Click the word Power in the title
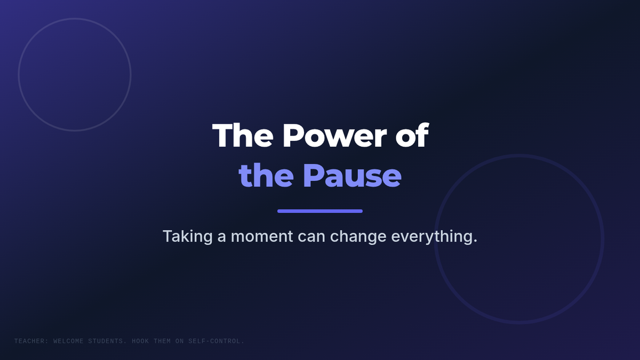pos(334,135)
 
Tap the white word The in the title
pos(243,135)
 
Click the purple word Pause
pos(353,175)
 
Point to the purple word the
pos(266,175)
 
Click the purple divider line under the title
pos(320,211)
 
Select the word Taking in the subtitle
pos(187,237)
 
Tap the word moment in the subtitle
pos(262,237)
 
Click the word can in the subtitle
pos(311,237)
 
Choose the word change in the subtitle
pos(358,237)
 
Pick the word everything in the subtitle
pos(431,237)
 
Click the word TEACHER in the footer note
pos(31,341)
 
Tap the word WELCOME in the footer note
pos(68,341)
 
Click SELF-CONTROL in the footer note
pos(216,341)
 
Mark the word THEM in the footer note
pos(162,341)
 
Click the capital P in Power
pos(293,135)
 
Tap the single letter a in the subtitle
pos(222,237)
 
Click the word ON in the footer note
pos(179,341)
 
